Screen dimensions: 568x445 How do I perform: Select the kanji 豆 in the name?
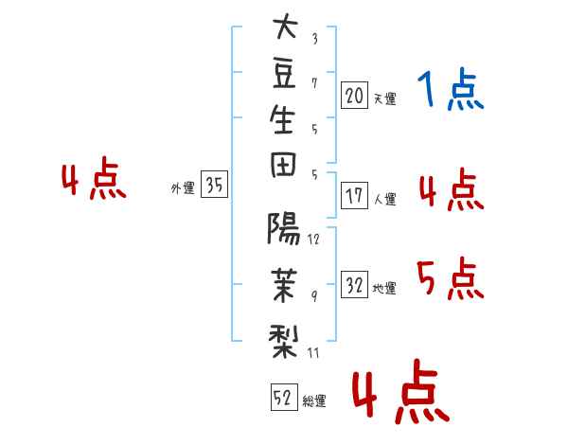click(284, 74)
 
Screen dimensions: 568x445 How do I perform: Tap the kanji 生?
click(282, 119)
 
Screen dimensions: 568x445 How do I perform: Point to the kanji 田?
click(283, 165)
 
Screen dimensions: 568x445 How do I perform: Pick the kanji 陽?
click(283, 228)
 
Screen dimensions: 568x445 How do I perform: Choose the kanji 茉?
click(284, 285)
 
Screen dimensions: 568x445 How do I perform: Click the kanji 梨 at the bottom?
click(283, 341)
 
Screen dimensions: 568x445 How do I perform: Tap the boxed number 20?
click(354, 96)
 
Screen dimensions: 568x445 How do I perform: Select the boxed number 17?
click(354, 196)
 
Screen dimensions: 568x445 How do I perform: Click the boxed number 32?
click(354, 285)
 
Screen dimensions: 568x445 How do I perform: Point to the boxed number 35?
click(214, 184)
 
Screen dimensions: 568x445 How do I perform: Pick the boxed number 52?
click(284, 397)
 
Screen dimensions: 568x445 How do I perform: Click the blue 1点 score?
click(451, 90)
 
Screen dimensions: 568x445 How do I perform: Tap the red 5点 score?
click(451, 278)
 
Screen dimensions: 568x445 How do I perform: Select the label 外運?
click(183, 188)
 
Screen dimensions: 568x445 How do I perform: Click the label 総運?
click(314, 400)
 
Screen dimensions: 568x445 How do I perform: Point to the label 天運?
click(385, 98)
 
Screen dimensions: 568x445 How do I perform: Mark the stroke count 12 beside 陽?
click(313, 240)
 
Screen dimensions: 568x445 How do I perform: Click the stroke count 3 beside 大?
click(315, 39)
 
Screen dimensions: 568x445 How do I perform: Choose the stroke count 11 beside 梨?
click(313, 352)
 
